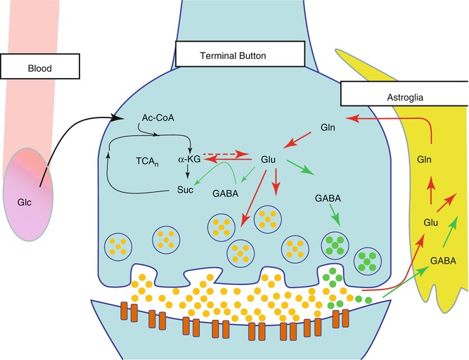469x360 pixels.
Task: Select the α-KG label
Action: [x=190, y=160]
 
